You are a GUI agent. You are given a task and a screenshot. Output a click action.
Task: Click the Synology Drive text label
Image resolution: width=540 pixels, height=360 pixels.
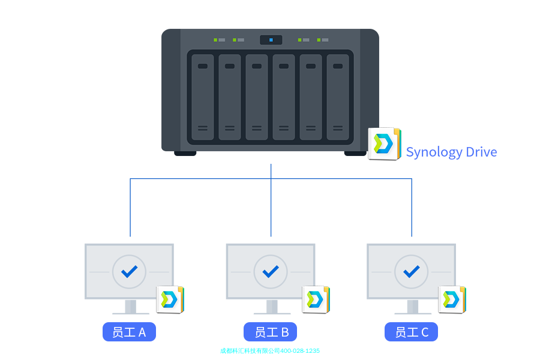451,152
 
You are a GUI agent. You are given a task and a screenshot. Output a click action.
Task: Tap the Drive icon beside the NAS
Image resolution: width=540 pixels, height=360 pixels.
384,143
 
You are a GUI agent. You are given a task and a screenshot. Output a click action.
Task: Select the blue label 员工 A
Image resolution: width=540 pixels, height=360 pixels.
129,332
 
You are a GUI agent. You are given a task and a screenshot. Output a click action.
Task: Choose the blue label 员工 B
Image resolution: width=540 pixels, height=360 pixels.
270,332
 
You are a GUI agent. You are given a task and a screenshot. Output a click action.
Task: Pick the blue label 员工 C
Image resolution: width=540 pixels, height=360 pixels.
411,332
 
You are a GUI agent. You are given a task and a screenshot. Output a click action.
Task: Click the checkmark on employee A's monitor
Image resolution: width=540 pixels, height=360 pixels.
129,271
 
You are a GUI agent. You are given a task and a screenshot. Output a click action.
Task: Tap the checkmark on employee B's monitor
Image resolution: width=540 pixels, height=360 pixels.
271,271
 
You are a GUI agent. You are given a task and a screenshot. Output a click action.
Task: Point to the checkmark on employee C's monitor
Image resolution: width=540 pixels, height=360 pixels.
411,271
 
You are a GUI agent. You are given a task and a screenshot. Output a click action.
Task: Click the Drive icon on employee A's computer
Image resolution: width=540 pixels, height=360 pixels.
170,299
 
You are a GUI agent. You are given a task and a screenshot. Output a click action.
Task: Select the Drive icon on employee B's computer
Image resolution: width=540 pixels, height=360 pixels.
316,299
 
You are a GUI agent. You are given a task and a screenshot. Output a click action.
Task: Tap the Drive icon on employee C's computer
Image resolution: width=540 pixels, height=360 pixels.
452,299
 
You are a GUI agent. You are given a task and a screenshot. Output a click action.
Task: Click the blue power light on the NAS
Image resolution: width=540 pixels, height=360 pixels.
271,40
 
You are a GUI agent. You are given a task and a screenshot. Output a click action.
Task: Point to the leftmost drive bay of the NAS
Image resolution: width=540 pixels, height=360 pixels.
203,97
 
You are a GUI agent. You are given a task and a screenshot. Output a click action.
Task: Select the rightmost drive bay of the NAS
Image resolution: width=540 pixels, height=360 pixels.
338,97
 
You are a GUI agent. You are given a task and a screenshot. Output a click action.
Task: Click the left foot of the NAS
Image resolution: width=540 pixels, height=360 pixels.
185,153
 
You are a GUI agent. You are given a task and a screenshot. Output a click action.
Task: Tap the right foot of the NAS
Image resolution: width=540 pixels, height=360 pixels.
355,153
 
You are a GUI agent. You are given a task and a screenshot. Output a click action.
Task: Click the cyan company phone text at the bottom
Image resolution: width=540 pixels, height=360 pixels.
270,351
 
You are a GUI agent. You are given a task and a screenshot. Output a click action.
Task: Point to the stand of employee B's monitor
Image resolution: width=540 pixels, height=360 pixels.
271,307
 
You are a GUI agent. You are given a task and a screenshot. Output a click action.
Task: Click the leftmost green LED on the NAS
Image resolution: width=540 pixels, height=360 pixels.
215,40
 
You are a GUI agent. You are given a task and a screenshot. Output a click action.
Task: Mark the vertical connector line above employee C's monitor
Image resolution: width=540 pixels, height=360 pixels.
412,207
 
